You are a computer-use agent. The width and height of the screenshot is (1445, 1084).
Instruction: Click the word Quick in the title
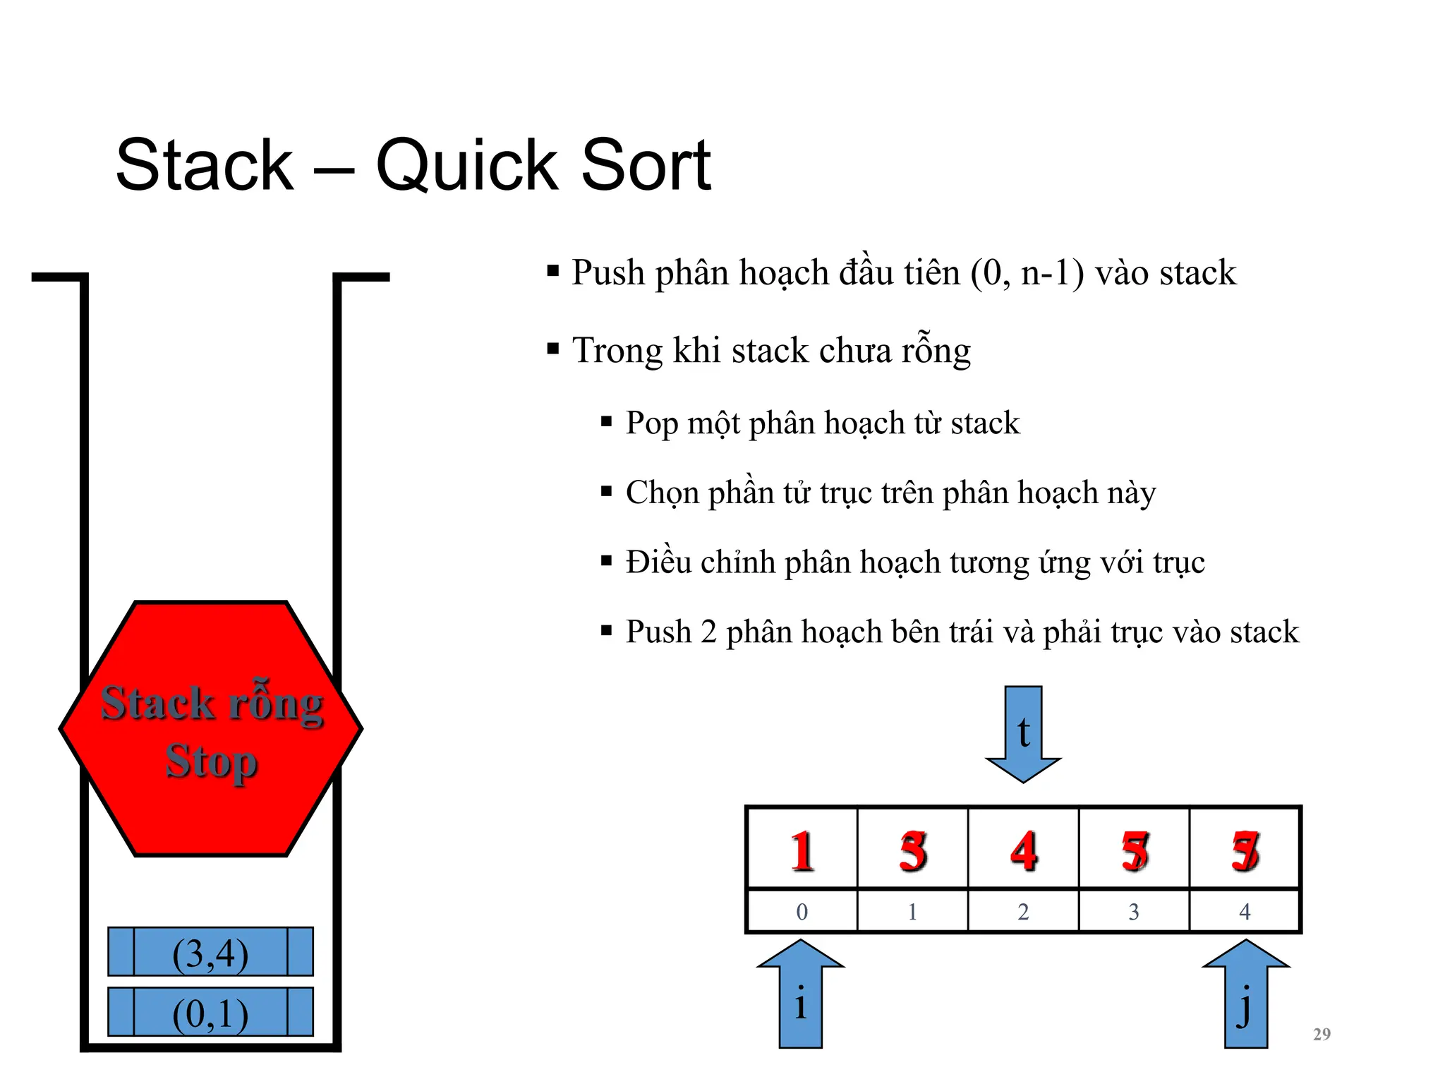(466, 166)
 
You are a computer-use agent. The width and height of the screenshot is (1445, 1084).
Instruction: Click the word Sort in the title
(646, 166)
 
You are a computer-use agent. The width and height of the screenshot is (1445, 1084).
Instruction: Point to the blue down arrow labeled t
(1023, 734)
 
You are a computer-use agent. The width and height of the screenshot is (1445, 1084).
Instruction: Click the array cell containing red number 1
(802, 849)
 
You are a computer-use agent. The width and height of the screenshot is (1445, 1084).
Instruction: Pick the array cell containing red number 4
(1023, 849)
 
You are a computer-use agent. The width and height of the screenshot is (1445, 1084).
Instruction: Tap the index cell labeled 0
(802, 912)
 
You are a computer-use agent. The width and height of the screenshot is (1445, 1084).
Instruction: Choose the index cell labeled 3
(1134, 912)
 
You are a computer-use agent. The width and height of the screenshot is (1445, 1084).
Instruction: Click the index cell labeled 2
(1023, 912)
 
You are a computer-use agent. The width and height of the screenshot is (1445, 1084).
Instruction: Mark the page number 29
(1322, 1034)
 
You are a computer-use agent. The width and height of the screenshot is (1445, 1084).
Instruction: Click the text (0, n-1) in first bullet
(1027, 273)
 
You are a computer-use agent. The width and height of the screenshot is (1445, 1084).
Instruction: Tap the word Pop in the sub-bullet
(651, 423)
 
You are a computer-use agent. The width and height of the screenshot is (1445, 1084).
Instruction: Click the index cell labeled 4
(1245, 912)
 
